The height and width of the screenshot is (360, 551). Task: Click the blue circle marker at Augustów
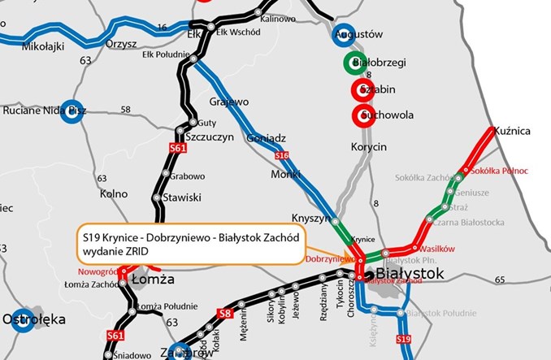click(344, 36)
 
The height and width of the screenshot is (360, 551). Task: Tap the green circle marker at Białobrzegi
click(354, 63)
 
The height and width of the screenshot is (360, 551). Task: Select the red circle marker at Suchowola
click(362, 115)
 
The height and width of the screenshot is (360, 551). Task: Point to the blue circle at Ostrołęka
click(20, 319)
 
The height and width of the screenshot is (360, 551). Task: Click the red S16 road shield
click(282, 154)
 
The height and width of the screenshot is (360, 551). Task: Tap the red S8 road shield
click(227, 313)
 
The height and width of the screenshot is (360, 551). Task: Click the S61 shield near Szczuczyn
click(178, 149)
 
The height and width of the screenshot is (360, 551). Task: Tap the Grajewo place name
click(228, 103)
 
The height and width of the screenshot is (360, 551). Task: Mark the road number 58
click(125, 110)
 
